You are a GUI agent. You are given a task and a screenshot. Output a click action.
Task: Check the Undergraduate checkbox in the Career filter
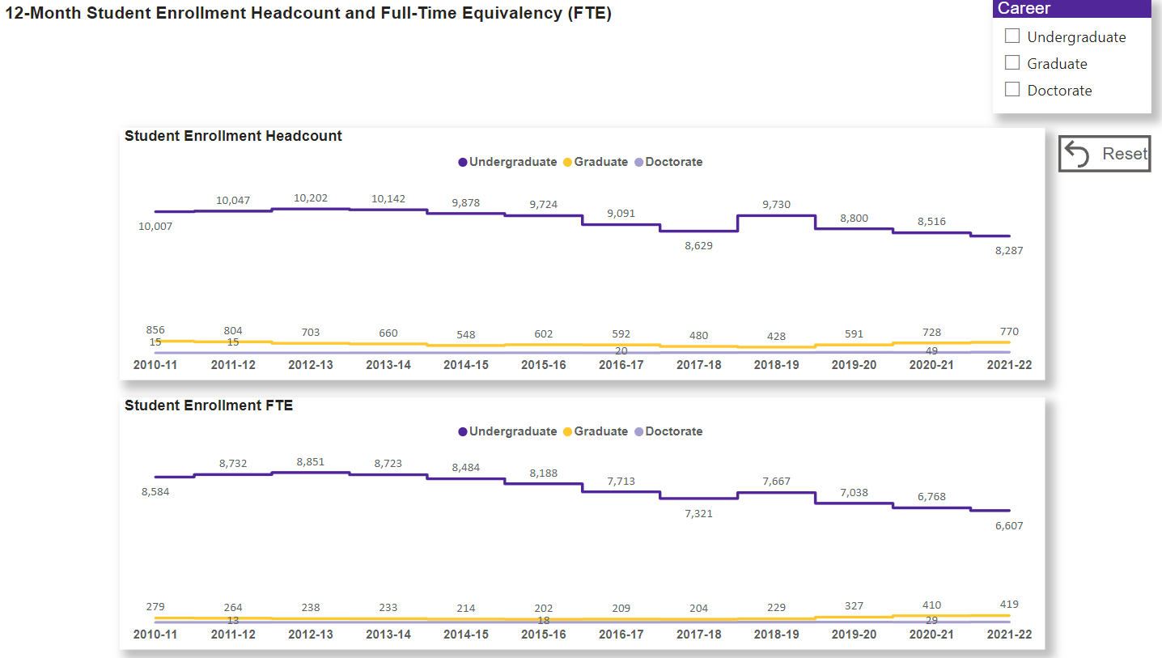pos(1012,36)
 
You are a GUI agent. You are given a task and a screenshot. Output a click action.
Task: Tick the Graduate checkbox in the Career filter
pos(1012,63)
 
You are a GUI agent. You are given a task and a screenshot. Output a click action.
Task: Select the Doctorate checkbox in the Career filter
pos(1012,90)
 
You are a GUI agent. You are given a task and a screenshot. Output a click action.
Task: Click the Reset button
pos(1105,154)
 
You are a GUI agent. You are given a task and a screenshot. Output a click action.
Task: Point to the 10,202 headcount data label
pos(311,197)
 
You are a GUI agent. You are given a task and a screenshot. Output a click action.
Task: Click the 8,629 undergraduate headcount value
pos(698,245)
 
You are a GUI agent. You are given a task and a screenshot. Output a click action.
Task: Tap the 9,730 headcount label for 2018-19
pos(776,205)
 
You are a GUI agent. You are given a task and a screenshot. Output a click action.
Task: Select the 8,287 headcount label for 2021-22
pos(1009,251)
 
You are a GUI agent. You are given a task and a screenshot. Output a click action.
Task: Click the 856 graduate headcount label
pos(155,330)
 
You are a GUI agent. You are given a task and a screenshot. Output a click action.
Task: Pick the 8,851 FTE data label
pos(311,461)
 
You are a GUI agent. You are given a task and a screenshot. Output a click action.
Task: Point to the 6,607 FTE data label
pos(1009,525)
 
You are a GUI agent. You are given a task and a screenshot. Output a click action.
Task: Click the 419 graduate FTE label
pos(1009,604)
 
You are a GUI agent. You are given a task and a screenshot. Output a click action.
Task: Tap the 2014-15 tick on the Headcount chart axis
pos(466,365)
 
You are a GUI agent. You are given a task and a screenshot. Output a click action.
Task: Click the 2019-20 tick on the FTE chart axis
pos(854,635)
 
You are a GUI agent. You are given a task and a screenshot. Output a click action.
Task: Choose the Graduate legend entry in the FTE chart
pos(596,431)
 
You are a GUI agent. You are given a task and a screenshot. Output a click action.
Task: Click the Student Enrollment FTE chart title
pos(209,405)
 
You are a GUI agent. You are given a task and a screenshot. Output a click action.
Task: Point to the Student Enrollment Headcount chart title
pos(233,136)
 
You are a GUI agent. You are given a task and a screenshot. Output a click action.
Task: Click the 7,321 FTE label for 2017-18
pos(698,513)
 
